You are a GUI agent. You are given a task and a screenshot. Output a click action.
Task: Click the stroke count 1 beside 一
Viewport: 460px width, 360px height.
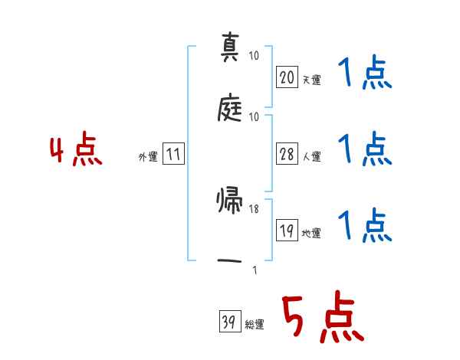pos(254,269)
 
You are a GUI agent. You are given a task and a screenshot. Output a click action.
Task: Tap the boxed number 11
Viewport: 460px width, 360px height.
pos(173,155)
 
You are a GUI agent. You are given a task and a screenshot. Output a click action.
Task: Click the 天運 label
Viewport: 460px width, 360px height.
pos(312,79)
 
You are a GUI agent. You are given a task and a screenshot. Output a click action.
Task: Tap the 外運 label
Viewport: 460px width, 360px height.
pos(147,157)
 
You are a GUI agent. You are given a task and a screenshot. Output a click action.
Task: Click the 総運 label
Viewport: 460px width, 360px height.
pos(255,325)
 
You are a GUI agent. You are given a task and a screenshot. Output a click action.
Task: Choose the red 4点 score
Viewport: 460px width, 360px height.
pos(76,151)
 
